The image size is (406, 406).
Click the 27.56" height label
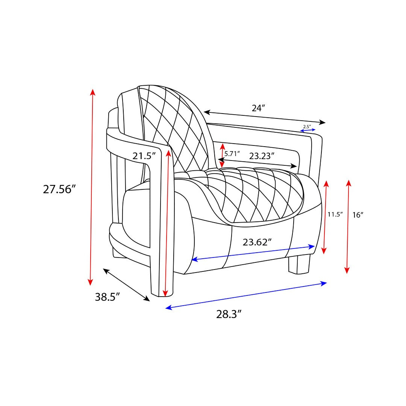(x=59, y=189)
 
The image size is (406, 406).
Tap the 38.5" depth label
(x=108, y=297)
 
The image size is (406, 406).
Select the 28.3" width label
(x=229, y=314)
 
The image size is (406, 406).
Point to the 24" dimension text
(x=259, y=108)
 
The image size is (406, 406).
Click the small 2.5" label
(x=307, y=127)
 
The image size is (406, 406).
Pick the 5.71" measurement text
(x=232, y=154)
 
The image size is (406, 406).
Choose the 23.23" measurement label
(x=262, y=156)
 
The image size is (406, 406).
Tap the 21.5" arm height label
(x=144, y=156)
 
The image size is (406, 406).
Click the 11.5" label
(x=335, y=214)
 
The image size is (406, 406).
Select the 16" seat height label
(x=358, y=215)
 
